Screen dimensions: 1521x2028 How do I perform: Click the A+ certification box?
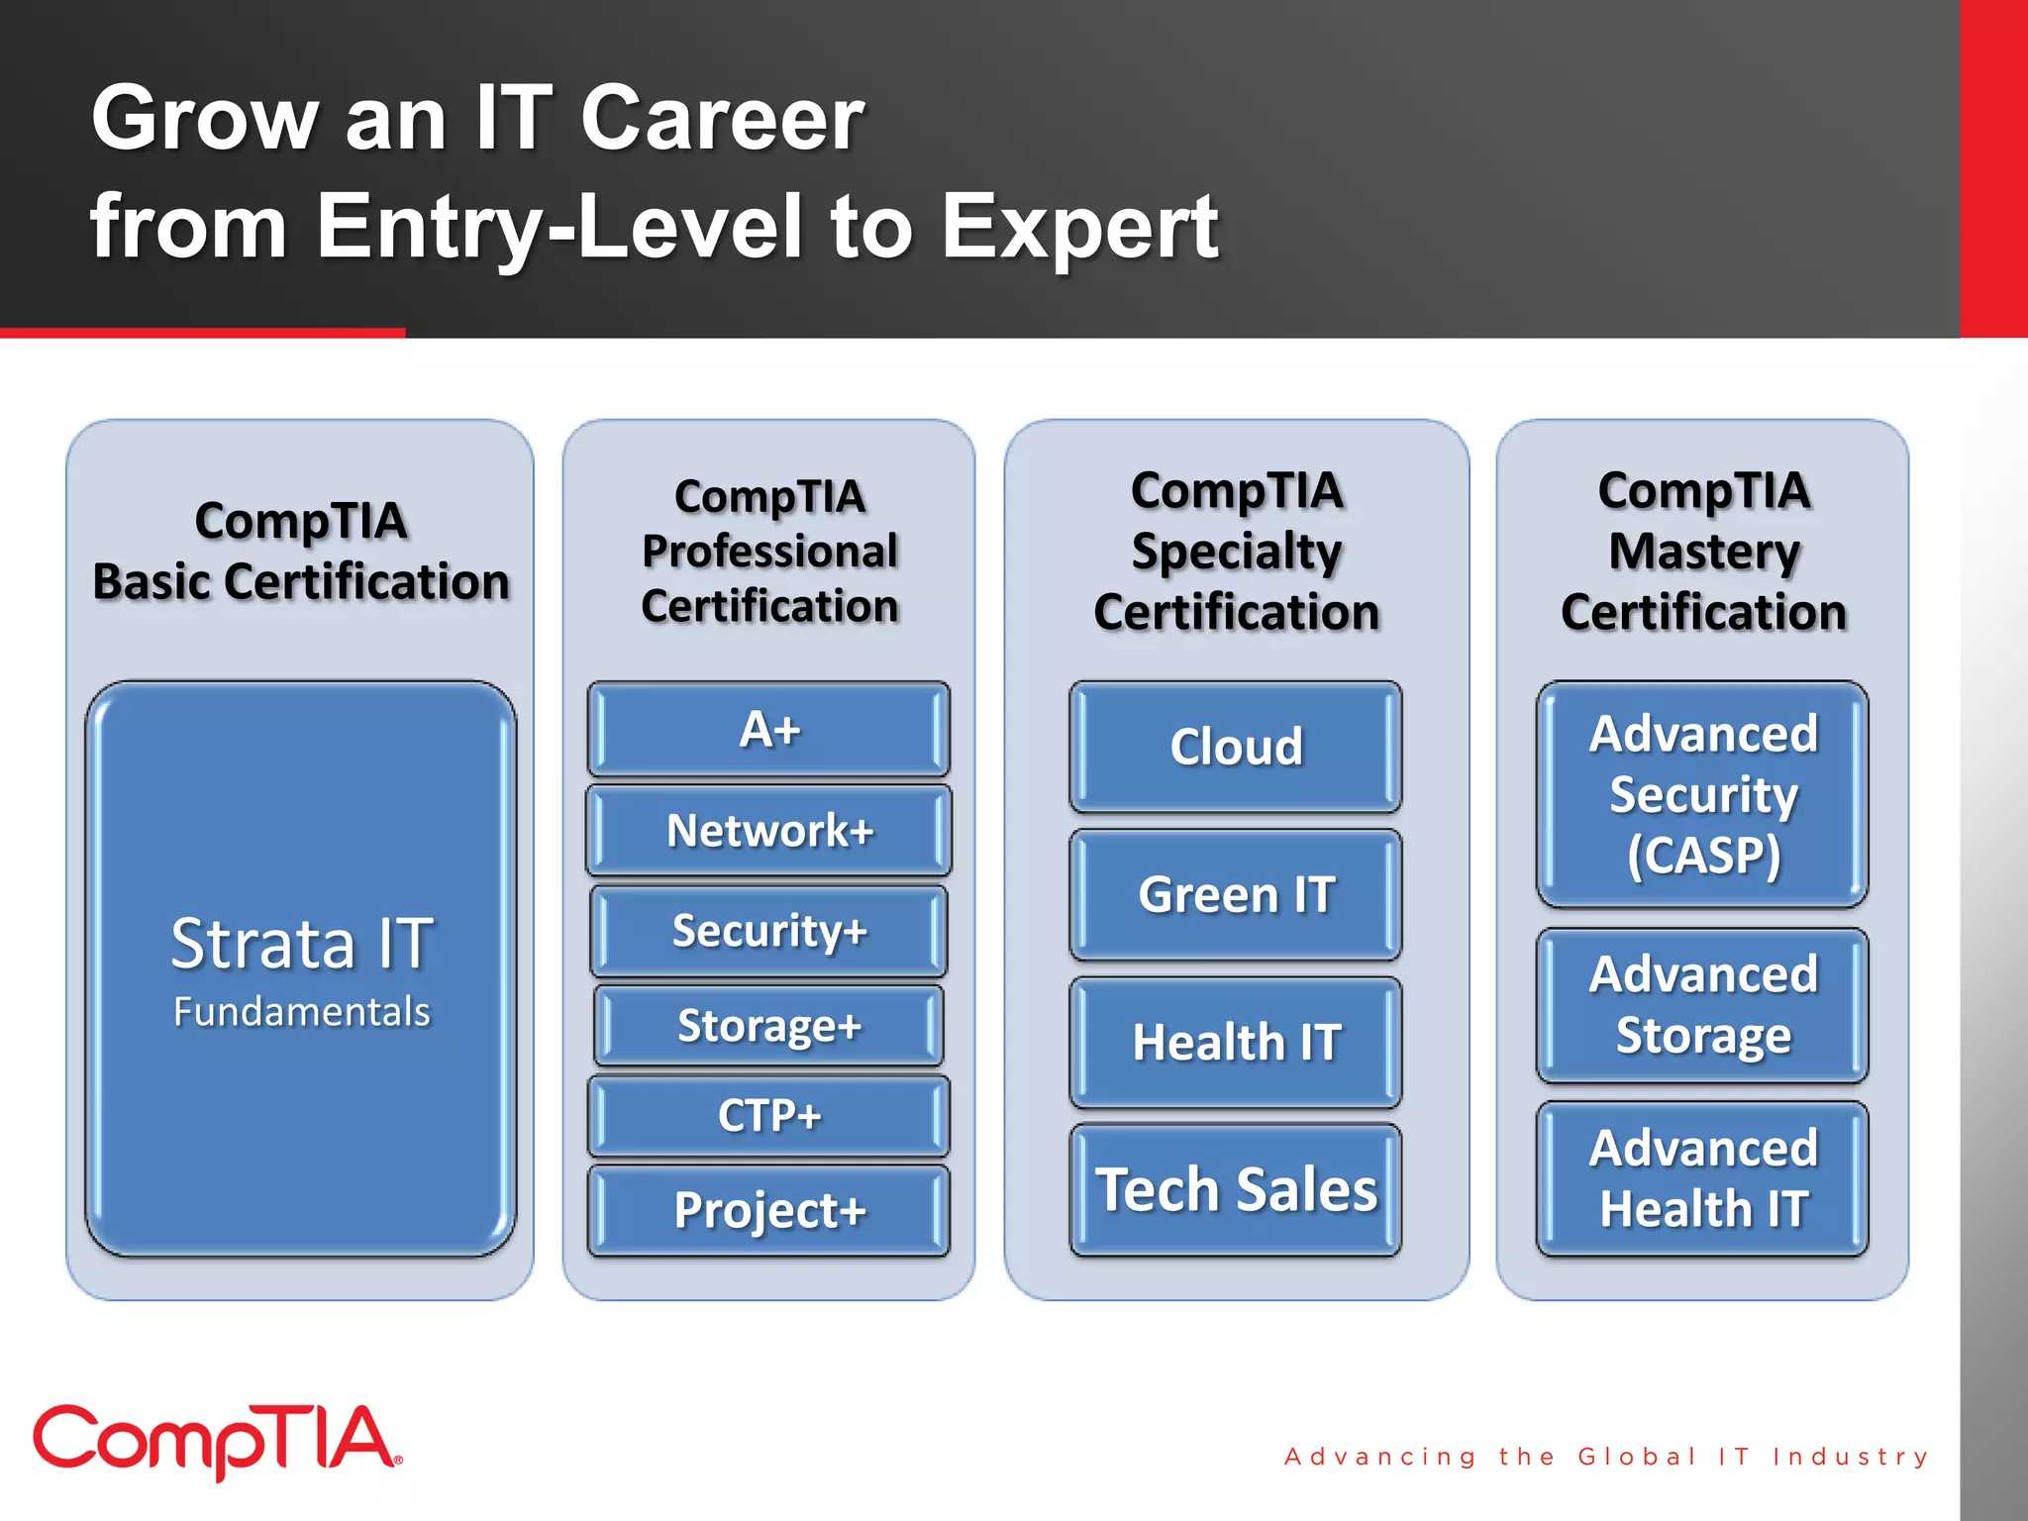click(x=768, y=730)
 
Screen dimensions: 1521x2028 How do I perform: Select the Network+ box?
click(x=768, y=831)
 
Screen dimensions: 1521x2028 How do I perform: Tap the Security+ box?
click(x=768, y=931)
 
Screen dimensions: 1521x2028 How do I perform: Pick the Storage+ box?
click(x=768, y=1025)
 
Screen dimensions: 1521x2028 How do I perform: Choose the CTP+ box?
click(x=768, y=1116)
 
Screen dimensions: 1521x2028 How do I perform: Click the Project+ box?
click(x=768, y=1210)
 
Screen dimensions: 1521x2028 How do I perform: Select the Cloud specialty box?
click(x=1235, y=747)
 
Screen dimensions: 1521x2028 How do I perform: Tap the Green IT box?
click(x=1235, y=894)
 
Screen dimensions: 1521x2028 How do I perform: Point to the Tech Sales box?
click(x=1235, y=1189)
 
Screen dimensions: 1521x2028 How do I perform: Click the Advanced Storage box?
click(x=1702, y=1005)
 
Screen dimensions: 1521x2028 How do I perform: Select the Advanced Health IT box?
click(x=1702, y=1178)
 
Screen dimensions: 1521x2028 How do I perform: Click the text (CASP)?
click(x=1703, y=856)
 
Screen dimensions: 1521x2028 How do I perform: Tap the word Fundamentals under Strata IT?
click(x=301, y=1012)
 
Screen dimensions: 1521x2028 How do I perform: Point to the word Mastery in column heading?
click(x=1703, y=552)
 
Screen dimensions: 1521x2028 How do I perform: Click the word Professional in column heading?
click(x=769, y=552)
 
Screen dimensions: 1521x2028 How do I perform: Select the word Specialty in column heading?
click(x=1236, y=552)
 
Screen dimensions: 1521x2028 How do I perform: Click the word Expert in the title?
click(x=1079, y=228)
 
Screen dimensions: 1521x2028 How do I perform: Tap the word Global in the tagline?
click(x=1636, y=1457)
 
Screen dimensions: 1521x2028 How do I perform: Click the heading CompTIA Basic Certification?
click(x=300, y=552)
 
